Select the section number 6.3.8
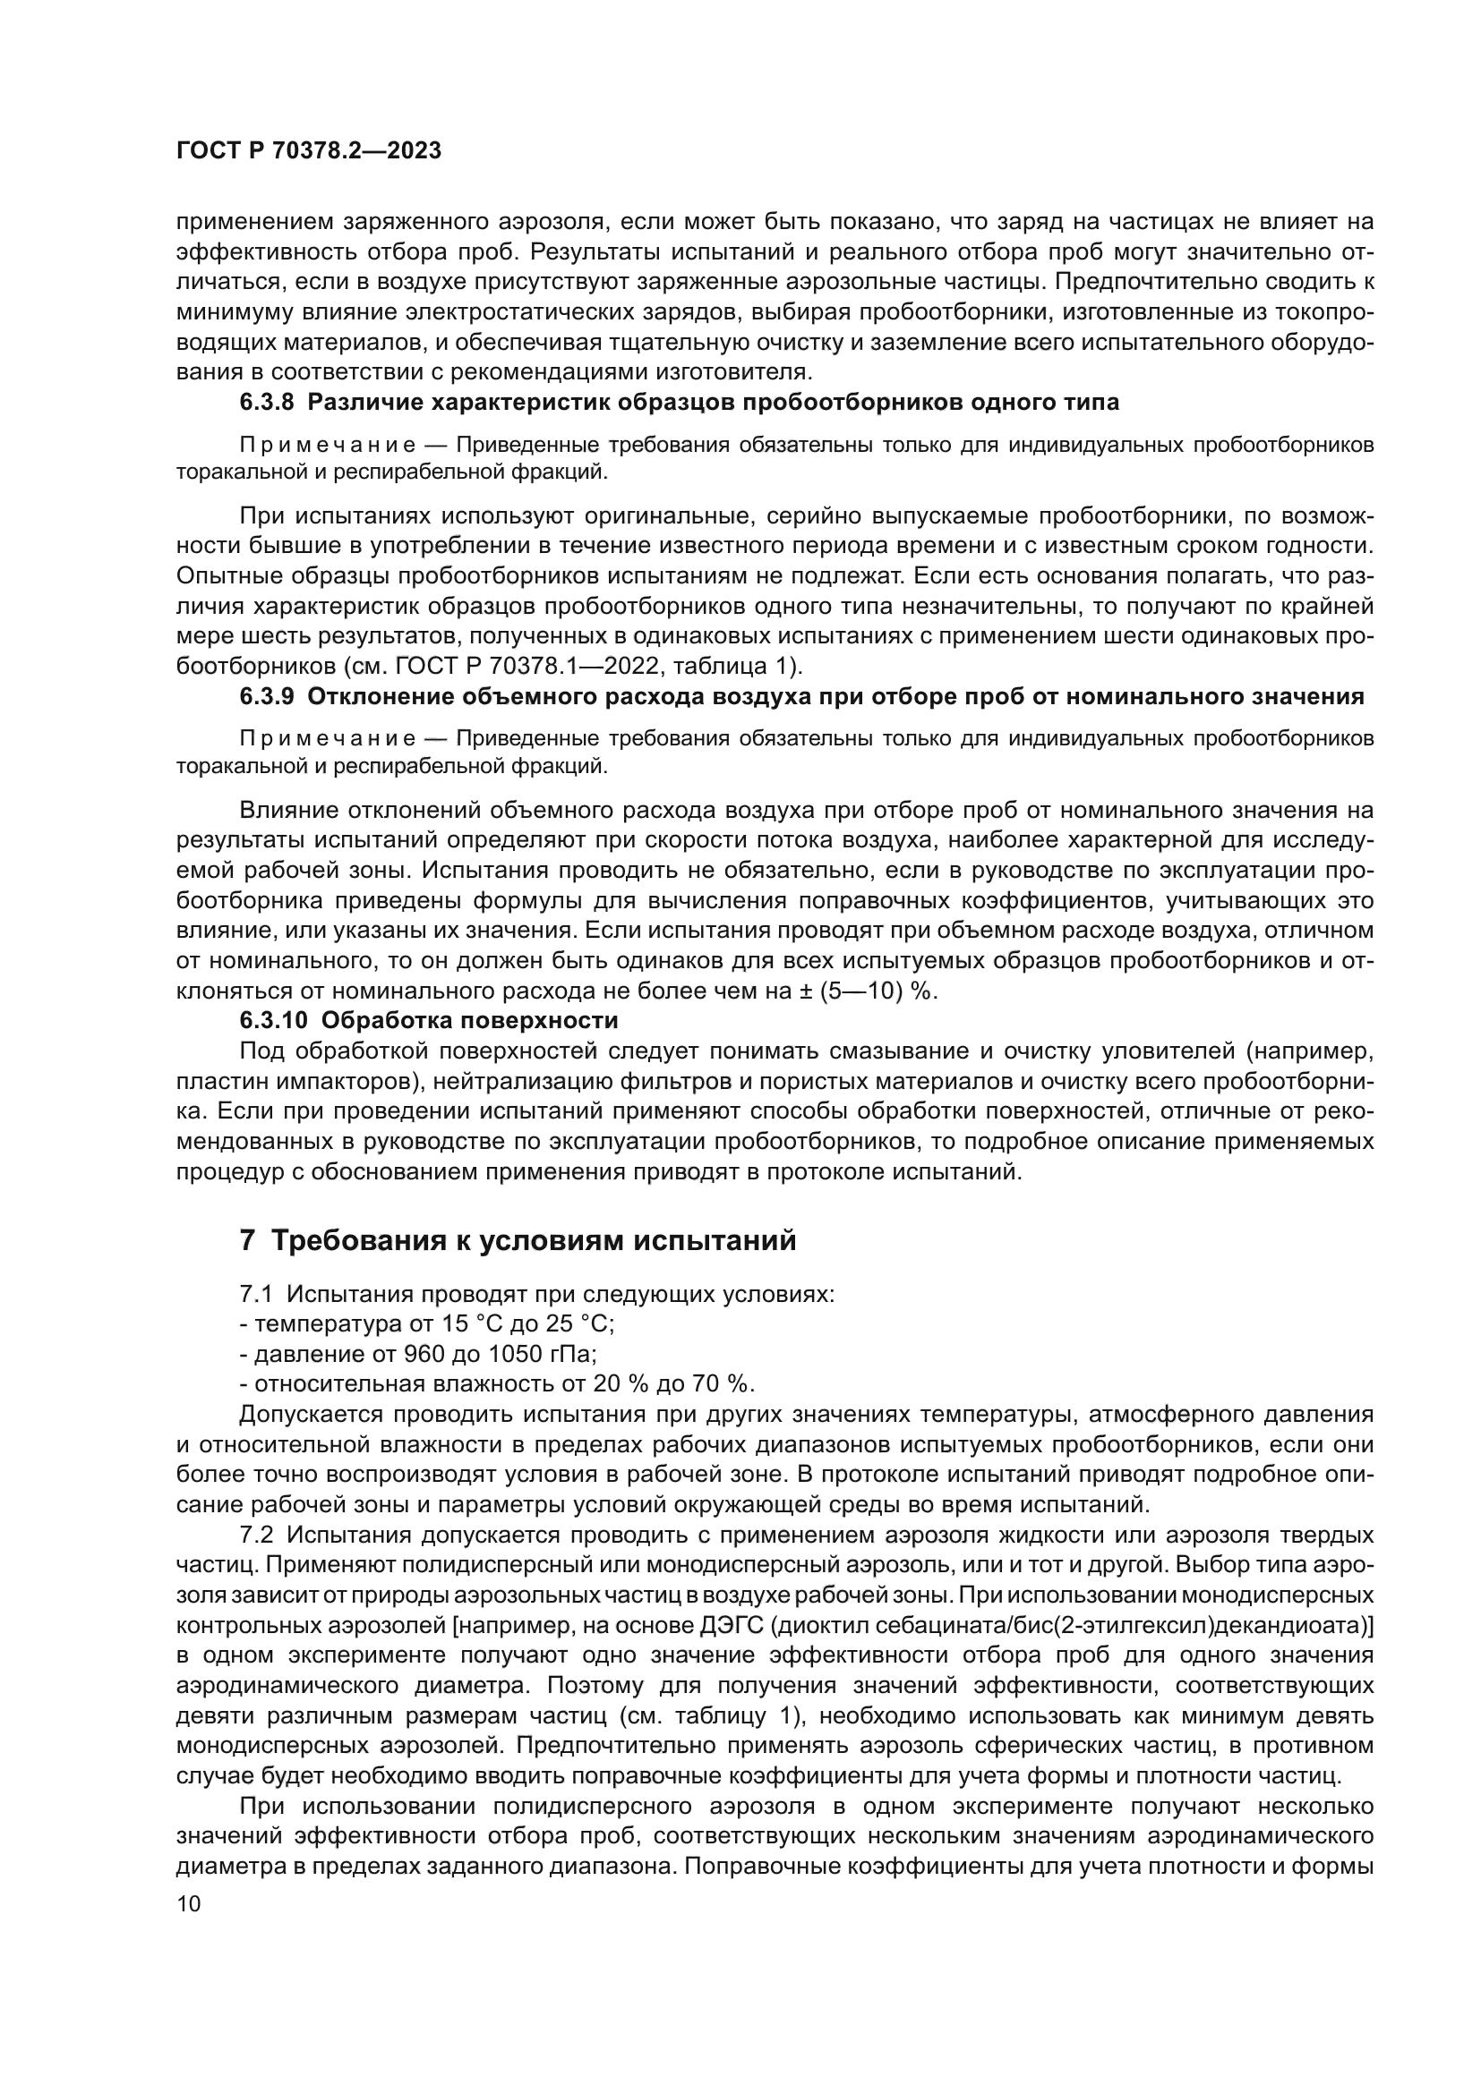pos(267,402)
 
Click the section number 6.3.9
pos(267,697)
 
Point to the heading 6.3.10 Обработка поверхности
pos(429,1019)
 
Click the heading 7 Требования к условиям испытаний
pos(518,1240)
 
